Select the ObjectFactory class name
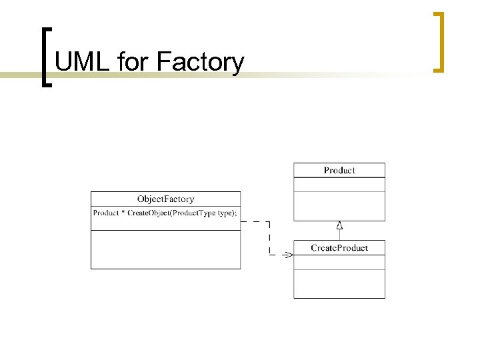pos(165,199)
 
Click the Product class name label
pos(339,170)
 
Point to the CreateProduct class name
pos(339,248)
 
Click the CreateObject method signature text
pos(165,213)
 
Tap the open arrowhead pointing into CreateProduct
pos(288,255)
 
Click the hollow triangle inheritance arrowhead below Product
pos(339,225)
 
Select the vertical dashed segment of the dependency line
pos(269,238)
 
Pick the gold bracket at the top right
pos(439,41)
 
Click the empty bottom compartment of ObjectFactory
pos(165,249)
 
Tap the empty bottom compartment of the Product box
pos(339,206)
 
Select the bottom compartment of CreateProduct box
pos(339,283)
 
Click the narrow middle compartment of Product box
pos(339,185)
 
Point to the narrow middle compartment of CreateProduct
pos(339,262)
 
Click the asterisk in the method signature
pos(123,213)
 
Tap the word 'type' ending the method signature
pos(225,213)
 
